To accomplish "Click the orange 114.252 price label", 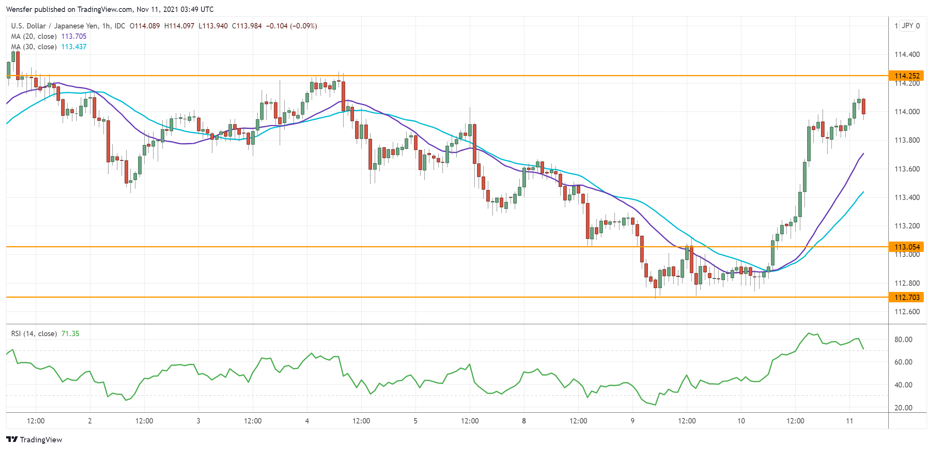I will click(907, 76).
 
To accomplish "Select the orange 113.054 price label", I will click(907, 247).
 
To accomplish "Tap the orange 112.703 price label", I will click(907, 297).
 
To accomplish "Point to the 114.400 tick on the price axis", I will click(907, 54).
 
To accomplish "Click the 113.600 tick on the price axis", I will click(907, 169).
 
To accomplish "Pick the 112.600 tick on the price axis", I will click(907, 312).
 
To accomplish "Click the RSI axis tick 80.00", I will click(903, 339).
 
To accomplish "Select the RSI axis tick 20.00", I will click(903, 408).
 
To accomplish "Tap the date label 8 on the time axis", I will click(524, 421).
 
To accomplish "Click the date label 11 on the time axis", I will click(849, 421).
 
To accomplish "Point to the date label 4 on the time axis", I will click(307, 421).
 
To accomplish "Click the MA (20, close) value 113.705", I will click(74, 36).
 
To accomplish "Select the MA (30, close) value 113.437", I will click(74, 47).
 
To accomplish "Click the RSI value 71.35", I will click(70, 333).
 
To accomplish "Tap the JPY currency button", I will click(907, 26).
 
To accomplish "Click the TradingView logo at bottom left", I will click(34, 440).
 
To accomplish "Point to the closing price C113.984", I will click(247, 26).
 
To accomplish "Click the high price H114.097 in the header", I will click(179, 26).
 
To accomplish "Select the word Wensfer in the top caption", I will click(19, 9).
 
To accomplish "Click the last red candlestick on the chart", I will click(863, 106).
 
